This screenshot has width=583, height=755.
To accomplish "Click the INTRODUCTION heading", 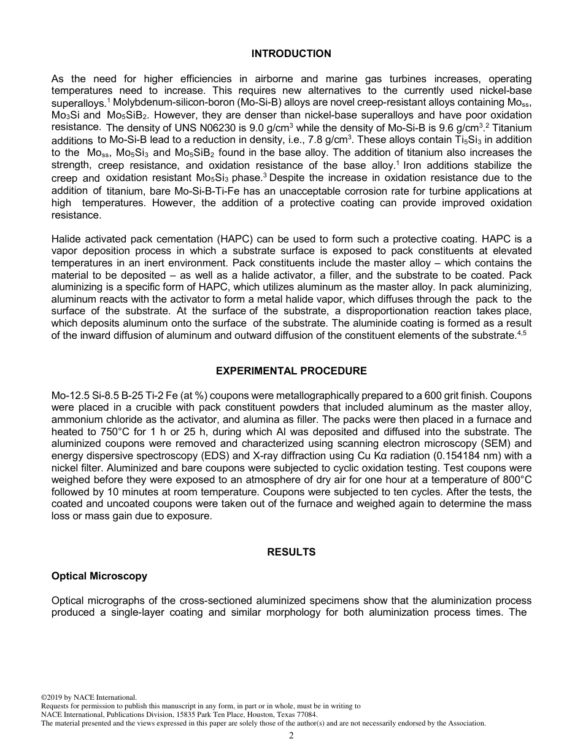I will click(x=291, y=54).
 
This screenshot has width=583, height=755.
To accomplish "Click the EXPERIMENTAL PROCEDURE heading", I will click(x=291, y=371).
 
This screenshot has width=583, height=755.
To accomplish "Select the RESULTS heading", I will click(x=291, y=552).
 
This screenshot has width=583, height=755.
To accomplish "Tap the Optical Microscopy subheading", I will click(x=99, y=576).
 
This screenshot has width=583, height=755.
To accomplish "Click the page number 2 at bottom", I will click(x=291, y=736).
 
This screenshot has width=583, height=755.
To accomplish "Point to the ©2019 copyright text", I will click(x=88, y=697).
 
